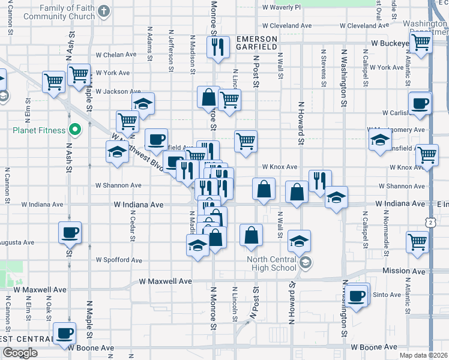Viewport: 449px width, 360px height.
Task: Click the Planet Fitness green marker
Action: (x=75, y=129)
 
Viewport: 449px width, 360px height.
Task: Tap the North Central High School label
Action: (x=272, y=263)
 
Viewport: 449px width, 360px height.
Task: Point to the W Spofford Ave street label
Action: (x=119, y=260)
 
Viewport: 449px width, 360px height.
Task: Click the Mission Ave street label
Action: (x=403, y=271)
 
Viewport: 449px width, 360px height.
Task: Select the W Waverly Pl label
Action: (x=282, y=7)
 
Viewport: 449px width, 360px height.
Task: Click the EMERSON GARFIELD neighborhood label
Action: (x=256, y=42)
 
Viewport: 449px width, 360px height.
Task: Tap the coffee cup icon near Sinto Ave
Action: (x=357, y=296)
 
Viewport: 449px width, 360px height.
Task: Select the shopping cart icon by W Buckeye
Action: (x=421, y=43)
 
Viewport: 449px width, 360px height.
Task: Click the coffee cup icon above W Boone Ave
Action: (x=65, y=333)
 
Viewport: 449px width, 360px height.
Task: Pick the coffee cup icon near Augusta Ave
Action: (x=70, y=232)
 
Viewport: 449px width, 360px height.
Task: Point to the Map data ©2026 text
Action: (x=423, y=355)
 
